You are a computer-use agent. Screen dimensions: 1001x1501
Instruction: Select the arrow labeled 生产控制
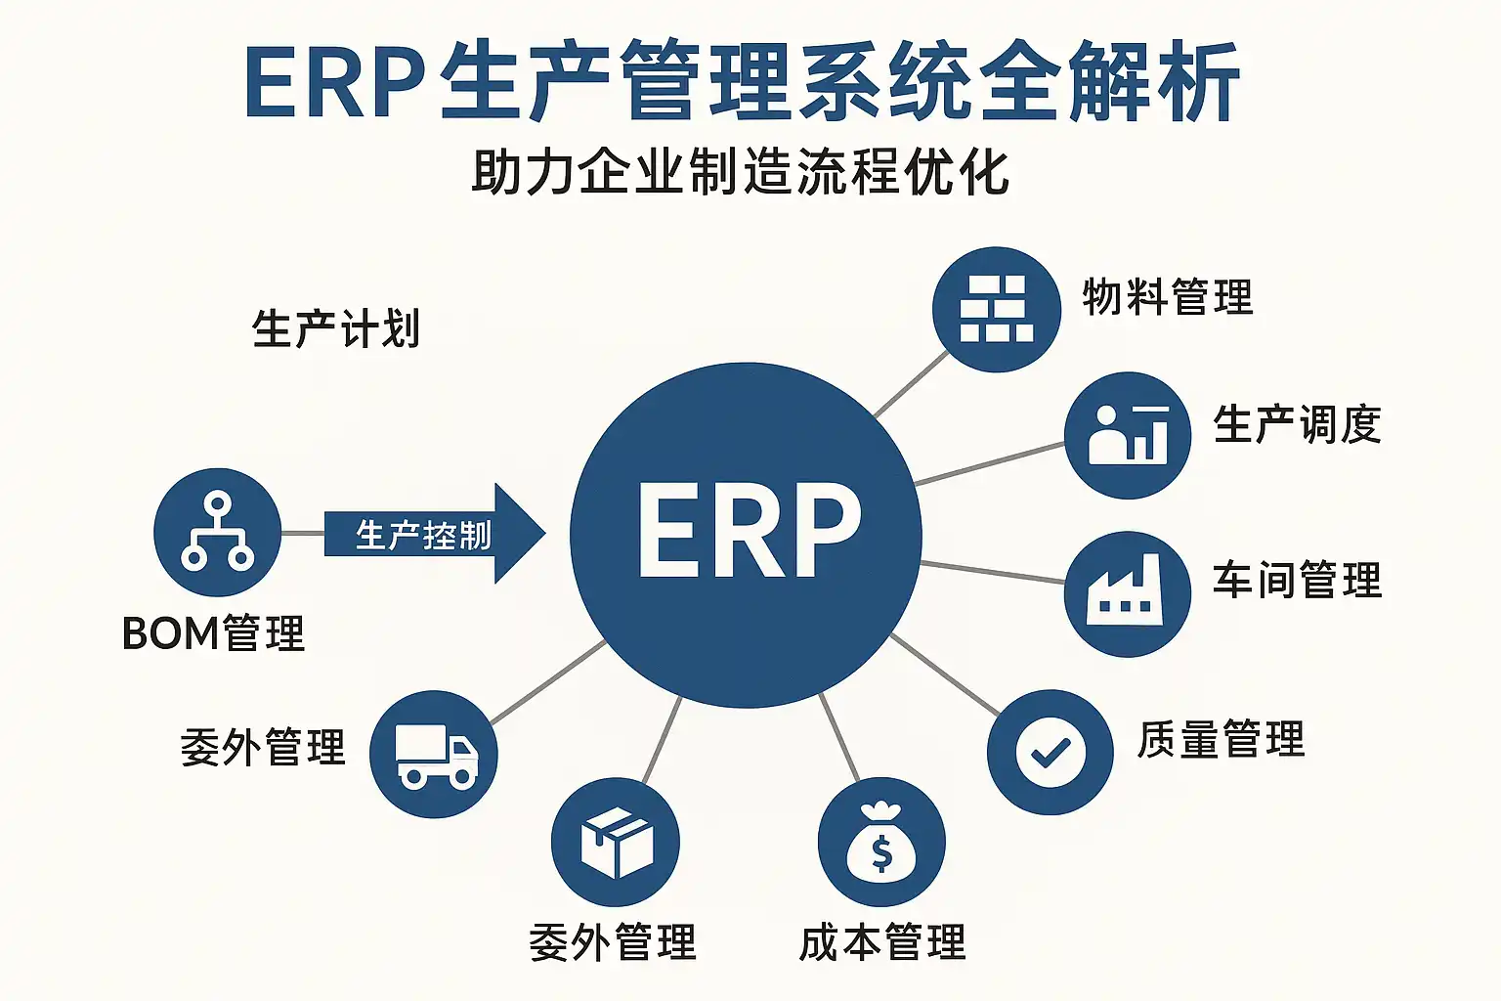[x=430, y=534]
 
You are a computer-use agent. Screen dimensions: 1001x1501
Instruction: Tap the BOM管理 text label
[x=213, y=633]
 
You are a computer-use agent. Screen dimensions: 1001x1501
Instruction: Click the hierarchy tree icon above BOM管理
[x=217, y=533]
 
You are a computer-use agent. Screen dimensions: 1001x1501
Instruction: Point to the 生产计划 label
[x=335, y=328]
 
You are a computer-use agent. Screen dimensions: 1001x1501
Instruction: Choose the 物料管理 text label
[x=1167, y=297]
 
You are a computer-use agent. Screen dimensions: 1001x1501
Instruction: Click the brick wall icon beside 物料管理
[x=996, y=309]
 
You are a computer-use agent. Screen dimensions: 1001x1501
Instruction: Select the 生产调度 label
[x=1297, y=425]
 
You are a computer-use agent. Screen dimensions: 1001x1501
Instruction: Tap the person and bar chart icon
[x=1128, y=435]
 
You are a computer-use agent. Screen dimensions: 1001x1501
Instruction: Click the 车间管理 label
[x=1297, y=580]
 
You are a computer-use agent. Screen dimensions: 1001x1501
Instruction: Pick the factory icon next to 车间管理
[x=1127, y=593]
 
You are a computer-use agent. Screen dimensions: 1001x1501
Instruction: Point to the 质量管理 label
[x=1221, y=739]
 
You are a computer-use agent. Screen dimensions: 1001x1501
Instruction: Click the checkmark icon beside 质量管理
[x=1050, y=753]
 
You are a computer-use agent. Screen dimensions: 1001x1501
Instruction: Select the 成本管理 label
[x=881, y=943]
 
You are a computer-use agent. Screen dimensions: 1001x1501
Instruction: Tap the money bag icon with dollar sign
[x=881, y=842]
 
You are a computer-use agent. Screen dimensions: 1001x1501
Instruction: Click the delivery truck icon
[x=434, y=755]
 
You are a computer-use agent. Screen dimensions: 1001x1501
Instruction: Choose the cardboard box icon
[x=616, y=842]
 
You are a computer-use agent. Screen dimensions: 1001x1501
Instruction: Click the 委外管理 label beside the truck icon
[x=263, y=748]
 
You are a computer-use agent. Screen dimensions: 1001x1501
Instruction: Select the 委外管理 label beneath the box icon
[x=613, y=943]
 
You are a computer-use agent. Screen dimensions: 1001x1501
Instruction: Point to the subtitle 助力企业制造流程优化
[x=740, y=172]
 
